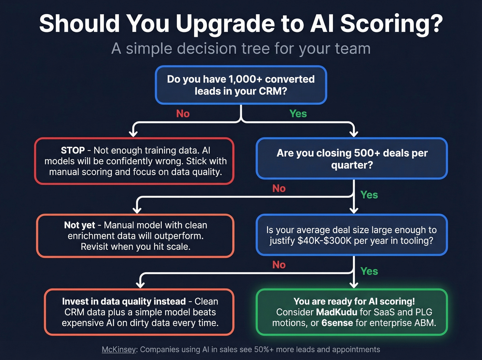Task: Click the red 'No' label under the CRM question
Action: (x=183, y=114)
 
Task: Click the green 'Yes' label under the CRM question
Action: (x=298, y=114)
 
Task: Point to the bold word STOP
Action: (x=73, y=151)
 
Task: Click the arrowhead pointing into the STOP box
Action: (x=133, y=133)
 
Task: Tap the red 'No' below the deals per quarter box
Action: (x=279, y=188)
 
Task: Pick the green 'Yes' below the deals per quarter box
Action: (x=369, y=195)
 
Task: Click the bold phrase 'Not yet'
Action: (x=80, y=225)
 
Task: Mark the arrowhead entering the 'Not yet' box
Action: (x=137, y=209)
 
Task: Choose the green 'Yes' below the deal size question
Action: (x=369, y=271)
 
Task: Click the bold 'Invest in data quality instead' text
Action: (x=124, y=301)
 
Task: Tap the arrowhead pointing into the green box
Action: (x=354, y=285)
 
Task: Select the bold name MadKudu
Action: (x=336, y=312)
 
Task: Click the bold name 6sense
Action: (x=337, y=323)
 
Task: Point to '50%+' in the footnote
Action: (x=264, y=350)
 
